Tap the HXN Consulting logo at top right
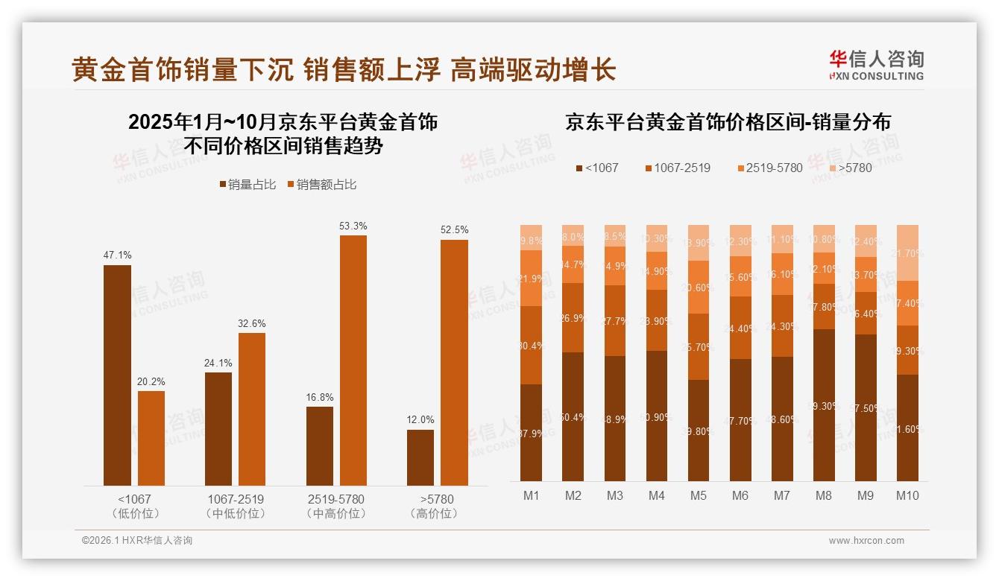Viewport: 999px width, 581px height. (876, 66)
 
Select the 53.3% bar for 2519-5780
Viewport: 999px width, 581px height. (353, 361)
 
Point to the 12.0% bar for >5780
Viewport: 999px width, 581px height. (420, 457)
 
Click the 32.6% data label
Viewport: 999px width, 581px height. (252, 324)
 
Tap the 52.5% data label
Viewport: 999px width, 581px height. (455, 230)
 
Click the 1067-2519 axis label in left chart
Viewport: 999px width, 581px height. (235, 499)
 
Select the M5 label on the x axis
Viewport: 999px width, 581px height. (699, 495)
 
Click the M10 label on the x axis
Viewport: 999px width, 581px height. (907, 495)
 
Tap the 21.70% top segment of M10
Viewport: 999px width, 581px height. (907, 253)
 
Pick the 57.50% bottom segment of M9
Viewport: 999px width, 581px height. (866, 407)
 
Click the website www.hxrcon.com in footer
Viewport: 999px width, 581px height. (866, 541)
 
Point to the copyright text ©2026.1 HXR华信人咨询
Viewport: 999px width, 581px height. (137, 541)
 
